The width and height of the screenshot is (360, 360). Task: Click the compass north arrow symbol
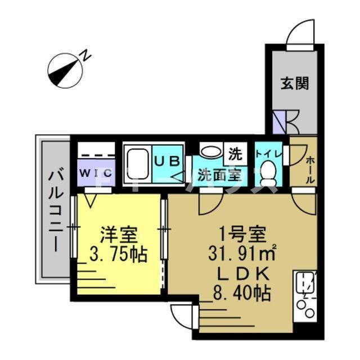click(65, 69)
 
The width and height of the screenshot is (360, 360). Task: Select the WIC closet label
click(94, 173)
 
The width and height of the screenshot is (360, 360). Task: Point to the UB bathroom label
click(168, 160)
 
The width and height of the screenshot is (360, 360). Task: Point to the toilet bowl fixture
click(269, 171)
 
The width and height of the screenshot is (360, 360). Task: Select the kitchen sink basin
click(305, 280)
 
